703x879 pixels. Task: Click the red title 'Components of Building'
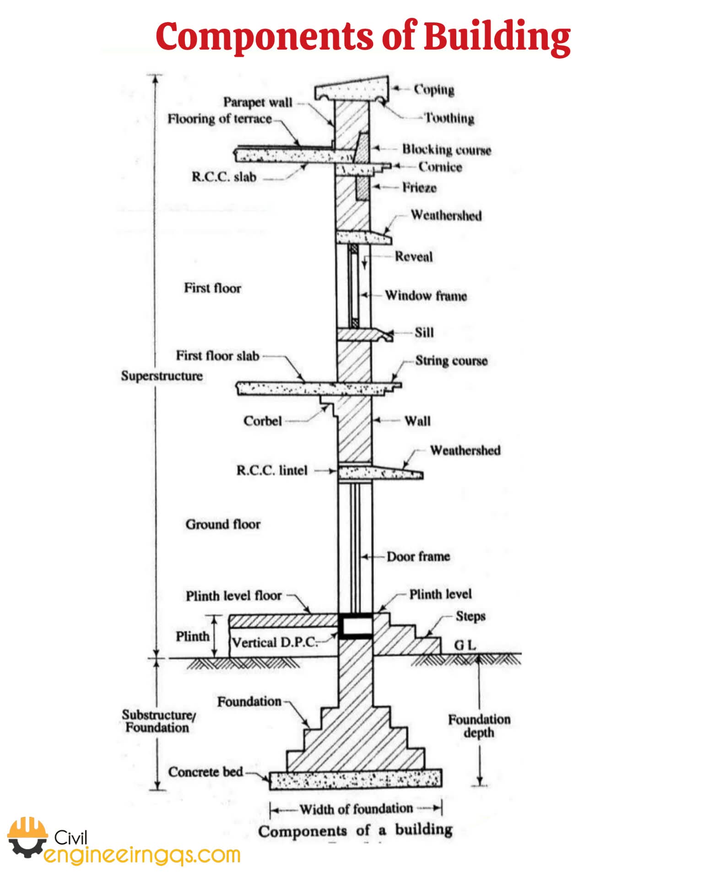tap(363, 37)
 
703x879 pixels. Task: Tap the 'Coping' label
tap(434, 89)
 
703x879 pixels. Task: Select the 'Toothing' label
tap(449, 118)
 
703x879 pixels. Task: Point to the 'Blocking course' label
tap(447, 150)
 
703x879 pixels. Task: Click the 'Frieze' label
tap(419, 187)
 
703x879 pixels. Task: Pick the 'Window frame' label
tap(426, 296)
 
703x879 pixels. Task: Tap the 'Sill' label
tap(424, 332)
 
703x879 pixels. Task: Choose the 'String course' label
tap(451, 361)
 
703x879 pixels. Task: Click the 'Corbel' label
tap(262, 421)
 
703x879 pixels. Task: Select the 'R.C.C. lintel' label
tap(272, 470)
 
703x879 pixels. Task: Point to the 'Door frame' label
tap(418, 557)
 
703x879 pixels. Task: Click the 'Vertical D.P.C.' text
tap(274, 642)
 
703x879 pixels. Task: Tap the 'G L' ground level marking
tap(465, 645)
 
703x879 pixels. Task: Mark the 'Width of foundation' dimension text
tap(356, 809)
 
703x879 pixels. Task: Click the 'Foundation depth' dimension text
tap(479, 726)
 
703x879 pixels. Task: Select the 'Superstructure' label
tap(162, 376)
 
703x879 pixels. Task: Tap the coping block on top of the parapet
tap(351, 88)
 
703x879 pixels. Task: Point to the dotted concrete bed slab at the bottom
tap(356, 779)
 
